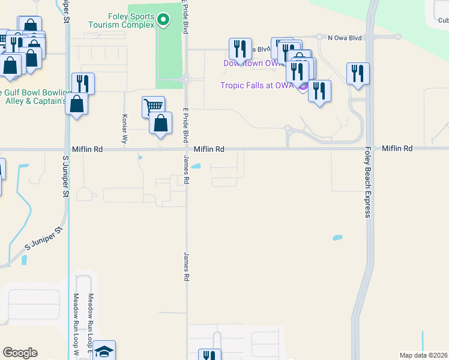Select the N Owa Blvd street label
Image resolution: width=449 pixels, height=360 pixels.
tap(345, 38)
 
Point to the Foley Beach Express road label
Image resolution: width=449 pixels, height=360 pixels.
tap(367, 183)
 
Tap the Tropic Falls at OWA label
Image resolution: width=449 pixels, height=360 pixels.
tap(256, 85)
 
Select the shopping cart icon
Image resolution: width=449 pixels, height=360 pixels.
tap(153, 106)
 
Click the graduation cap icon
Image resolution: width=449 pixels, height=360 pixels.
tap(104, 351)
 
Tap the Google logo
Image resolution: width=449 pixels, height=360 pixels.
tap(20, 353)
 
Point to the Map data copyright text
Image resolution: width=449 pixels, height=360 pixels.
tap(423, 355)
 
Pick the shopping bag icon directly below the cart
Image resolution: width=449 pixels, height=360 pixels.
tap(161, 124)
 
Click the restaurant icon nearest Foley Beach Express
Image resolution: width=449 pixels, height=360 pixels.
tap(358, 73)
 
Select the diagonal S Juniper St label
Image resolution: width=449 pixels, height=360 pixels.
tap(44, 238)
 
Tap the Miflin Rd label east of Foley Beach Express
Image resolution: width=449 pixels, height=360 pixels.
tap(397, 148)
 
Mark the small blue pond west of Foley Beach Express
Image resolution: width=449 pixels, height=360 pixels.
tap(337, 238)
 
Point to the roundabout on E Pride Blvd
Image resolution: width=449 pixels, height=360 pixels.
tap(187, 79)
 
